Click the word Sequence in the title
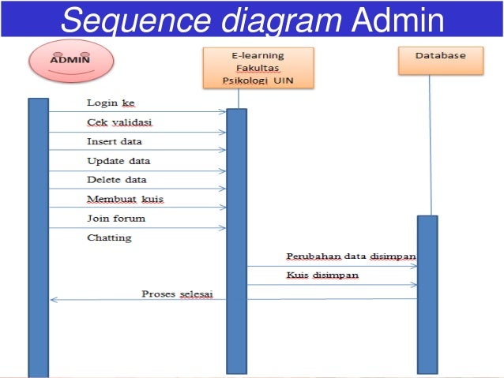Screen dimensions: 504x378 [135, 20]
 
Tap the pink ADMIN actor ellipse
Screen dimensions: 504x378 [71, 61]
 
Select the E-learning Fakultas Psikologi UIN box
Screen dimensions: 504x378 [258, 68]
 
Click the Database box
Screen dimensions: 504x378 [441, 61]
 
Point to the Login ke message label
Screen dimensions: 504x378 [111, 103]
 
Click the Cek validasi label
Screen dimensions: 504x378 [119, 122]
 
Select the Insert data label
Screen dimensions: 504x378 [115, 141]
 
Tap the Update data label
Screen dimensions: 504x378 [118, 161]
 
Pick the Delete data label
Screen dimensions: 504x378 [117, 179]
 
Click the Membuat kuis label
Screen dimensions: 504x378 [126, 199]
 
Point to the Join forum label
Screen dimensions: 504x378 [116, 219]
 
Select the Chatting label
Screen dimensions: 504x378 [109, 238]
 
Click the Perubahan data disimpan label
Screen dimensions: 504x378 [352, 256]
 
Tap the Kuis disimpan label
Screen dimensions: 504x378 [322, 275]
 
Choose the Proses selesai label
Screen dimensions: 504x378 [178, 294]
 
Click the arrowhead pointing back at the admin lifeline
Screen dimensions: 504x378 [54, 300]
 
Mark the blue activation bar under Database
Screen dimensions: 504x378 [427, 295]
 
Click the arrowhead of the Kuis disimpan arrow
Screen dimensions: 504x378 [414, 285]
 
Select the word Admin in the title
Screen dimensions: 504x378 [398, 20]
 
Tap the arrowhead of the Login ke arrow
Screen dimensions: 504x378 [223, 112]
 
